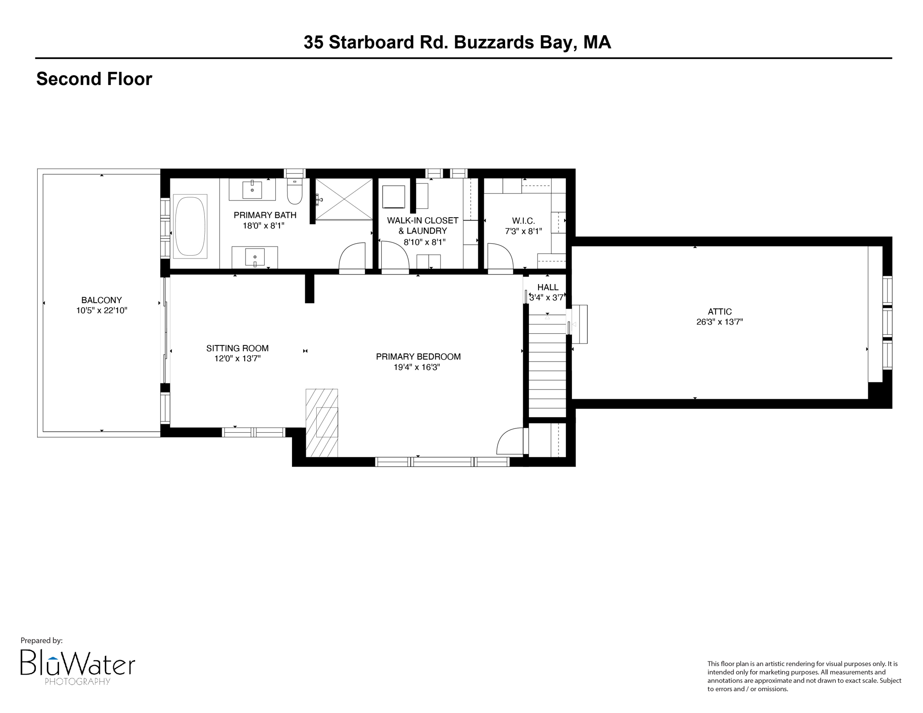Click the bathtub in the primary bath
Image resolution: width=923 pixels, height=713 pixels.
pos(190,227)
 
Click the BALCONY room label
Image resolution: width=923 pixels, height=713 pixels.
pos(101,300)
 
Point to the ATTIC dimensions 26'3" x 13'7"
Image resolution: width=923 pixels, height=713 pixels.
pos(719,322)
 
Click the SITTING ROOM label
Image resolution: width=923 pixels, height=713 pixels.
pos(237,348)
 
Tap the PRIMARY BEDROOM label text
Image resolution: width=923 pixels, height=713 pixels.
pos(418,356)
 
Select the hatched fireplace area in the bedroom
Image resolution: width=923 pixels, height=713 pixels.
pos(322,422)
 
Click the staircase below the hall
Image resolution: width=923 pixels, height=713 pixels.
pos(547,367)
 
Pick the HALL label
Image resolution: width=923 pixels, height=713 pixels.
pos(547,287)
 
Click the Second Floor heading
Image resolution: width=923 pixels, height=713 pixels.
pos(94,79)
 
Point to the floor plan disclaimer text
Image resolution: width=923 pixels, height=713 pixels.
pos(804,676)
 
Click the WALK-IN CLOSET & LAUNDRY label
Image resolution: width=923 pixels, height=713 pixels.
pos(422,226)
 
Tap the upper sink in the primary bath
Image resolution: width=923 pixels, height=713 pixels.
pos(252,189)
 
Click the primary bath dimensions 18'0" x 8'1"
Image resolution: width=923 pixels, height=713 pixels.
pos(263,226)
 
